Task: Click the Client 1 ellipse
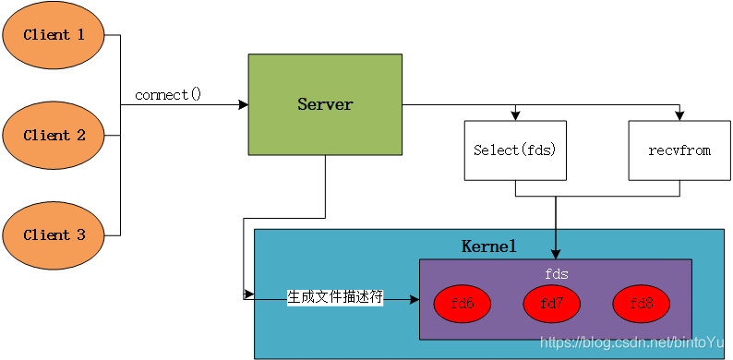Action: pos(54,36)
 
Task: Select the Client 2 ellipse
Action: pos(54,136)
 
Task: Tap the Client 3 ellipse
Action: pos(54,235)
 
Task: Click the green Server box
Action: pos(325,104)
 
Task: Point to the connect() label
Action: pos(168,95)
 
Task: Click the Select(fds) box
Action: pos(514,150)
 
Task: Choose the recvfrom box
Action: pos(679,150)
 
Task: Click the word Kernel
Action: pos(488,246)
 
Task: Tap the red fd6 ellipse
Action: pos(461,302)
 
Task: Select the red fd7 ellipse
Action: pos(551,302)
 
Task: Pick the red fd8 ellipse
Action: pos(641,302)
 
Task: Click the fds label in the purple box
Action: pos(555,274)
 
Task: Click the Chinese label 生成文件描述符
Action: pos(334,297)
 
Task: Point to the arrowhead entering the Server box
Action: pos(243,105)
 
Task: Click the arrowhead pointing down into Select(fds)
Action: pos(514,115)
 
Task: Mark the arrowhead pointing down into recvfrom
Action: pos(679,115)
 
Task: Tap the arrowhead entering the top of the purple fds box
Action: pos(556,254)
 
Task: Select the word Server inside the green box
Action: pos(325,104)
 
